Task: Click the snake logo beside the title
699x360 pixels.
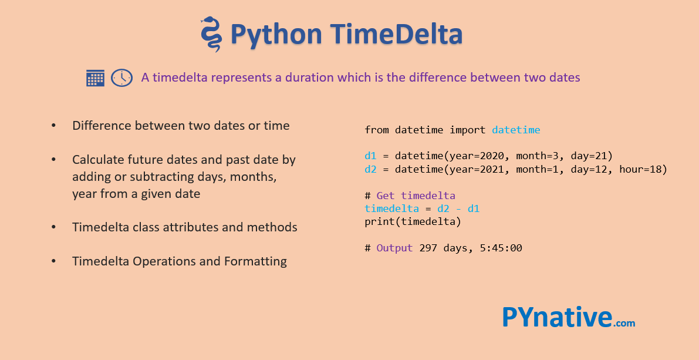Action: click(x=211, y=34)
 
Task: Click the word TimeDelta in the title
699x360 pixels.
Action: click(x=396, y=34)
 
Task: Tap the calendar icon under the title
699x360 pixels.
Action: click(x=95, y=78)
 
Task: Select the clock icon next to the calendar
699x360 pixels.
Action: click(x=121, y=78)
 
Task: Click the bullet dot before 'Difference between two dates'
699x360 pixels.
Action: click(x=54, y=126)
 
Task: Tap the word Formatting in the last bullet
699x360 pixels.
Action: click(x=255, y=261)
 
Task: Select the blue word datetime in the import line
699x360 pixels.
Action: click(x=516, y=130)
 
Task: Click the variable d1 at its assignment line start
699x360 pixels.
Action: click(x=370, y=156)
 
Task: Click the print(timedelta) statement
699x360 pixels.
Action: click(x=413, y=222)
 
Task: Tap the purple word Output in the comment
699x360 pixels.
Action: click(x=394, y=248)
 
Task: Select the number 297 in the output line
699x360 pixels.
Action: click(x=428, y=248)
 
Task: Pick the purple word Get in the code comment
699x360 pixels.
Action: click(x=386, y=196)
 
